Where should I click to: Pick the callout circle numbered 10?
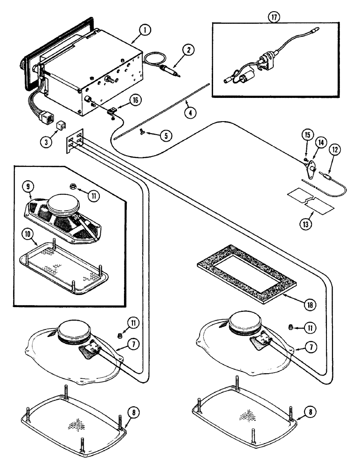[30, 230]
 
